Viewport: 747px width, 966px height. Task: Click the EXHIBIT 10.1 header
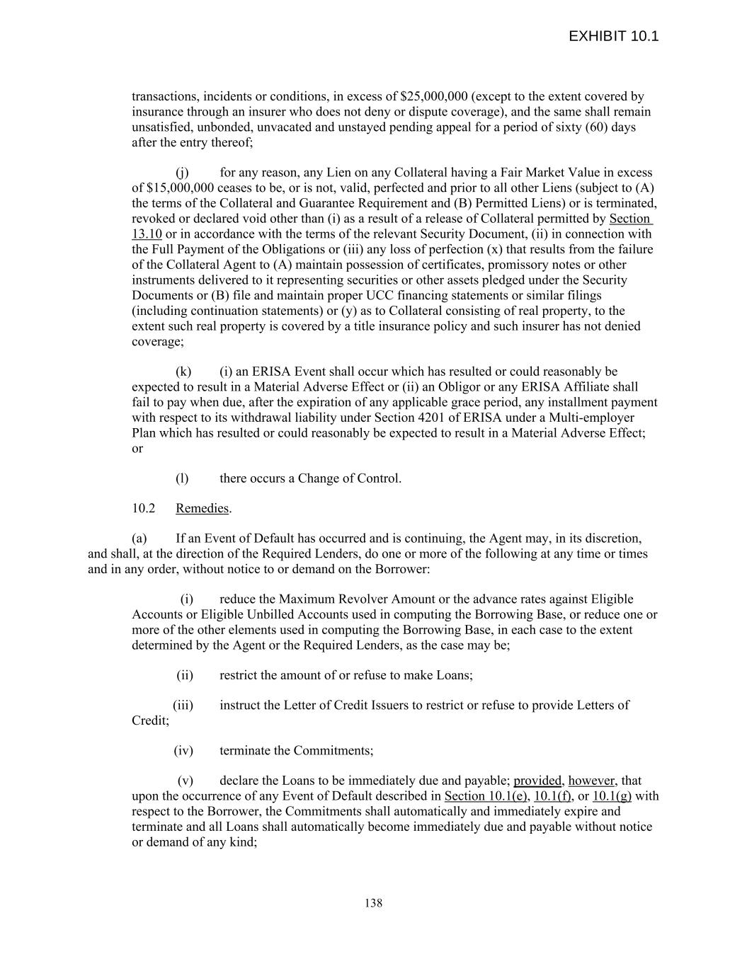(x=613, y=36)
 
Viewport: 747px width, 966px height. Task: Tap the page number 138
(x=373, y=902)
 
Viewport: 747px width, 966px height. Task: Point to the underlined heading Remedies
(x=203, y=508)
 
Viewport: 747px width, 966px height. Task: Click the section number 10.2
(x=143, y=508)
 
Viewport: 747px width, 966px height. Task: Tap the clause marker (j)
(x=182, y=172)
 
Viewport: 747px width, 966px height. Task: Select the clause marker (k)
(x=183, y=372)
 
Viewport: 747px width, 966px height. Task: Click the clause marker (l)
(x=182, y=478)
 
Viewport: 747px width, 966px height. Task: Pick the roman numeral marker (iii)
(x=183, y=705)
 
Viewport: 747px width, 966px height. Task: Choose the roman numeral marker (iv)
(x=183, y=750)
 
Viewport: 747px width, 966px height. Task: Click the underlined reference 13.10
(x=147, y=234)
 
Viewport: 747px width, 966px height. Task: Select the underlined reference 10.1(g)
(x=612, y=795)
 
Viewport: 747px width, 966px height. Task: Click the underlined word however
(x=591, y=781)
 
